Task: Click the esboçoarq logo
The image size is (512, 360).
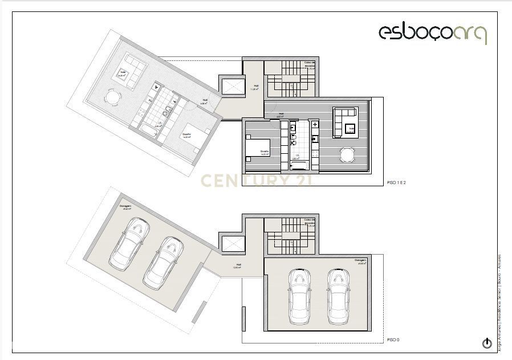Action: click(432, 33)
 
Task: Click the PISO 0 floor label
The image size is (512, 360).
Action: click(393, 339)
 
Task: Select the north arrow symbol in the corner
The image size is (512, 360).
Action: click(487, 343)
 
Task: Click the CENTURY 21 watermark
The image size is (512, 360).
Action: click(255, 181)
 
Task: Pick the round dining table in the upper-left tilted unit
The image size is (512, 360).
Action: click(113, 98)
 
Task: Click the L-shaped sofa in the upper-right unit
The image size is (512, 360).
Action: click(345, 121)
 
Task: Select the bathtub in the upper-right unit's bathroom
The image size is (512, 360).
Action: click(299, 165)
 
